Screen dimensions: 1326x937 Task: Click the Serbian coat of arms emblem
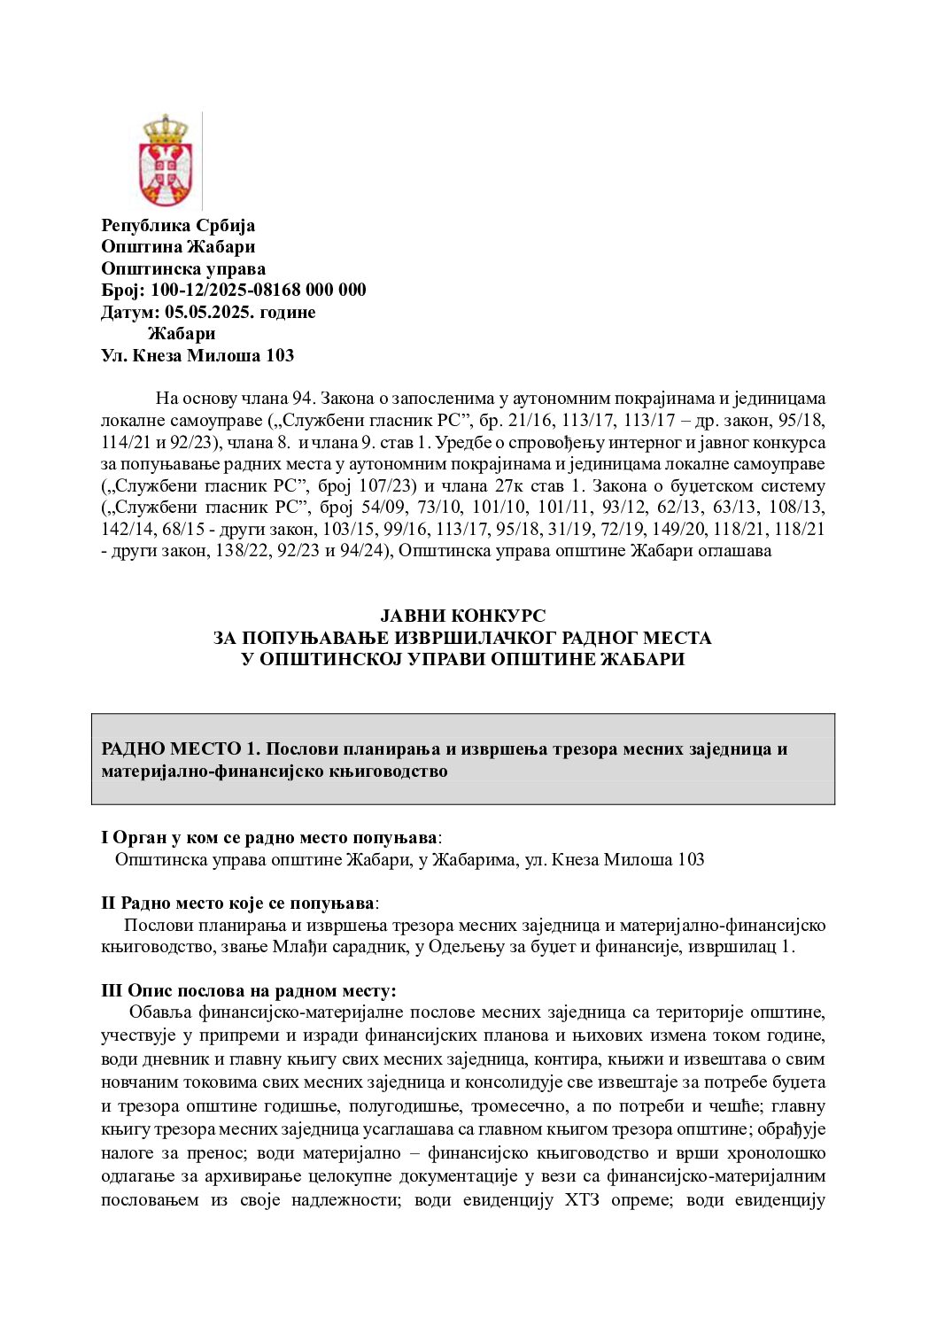pos(165,161)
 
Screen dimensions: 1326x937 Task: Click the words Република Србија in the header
pos(178,225)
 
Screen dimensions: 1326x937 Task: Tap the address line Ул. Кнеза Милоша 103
pos(197,355)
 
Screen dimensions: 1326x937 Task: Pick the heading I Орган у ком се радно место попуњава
pos(269,837)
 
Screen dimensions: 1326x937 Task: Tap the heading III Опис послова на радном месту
pos(249,990)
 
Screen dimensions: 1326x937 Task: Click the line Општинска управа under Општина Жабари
pos(183,268)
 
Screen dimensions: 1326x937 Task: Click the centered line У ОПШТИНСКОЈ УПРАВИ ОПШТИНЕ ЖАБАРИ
pos(462,660)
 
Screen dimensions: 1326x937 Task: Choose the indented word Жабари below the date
pos(182,334)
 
